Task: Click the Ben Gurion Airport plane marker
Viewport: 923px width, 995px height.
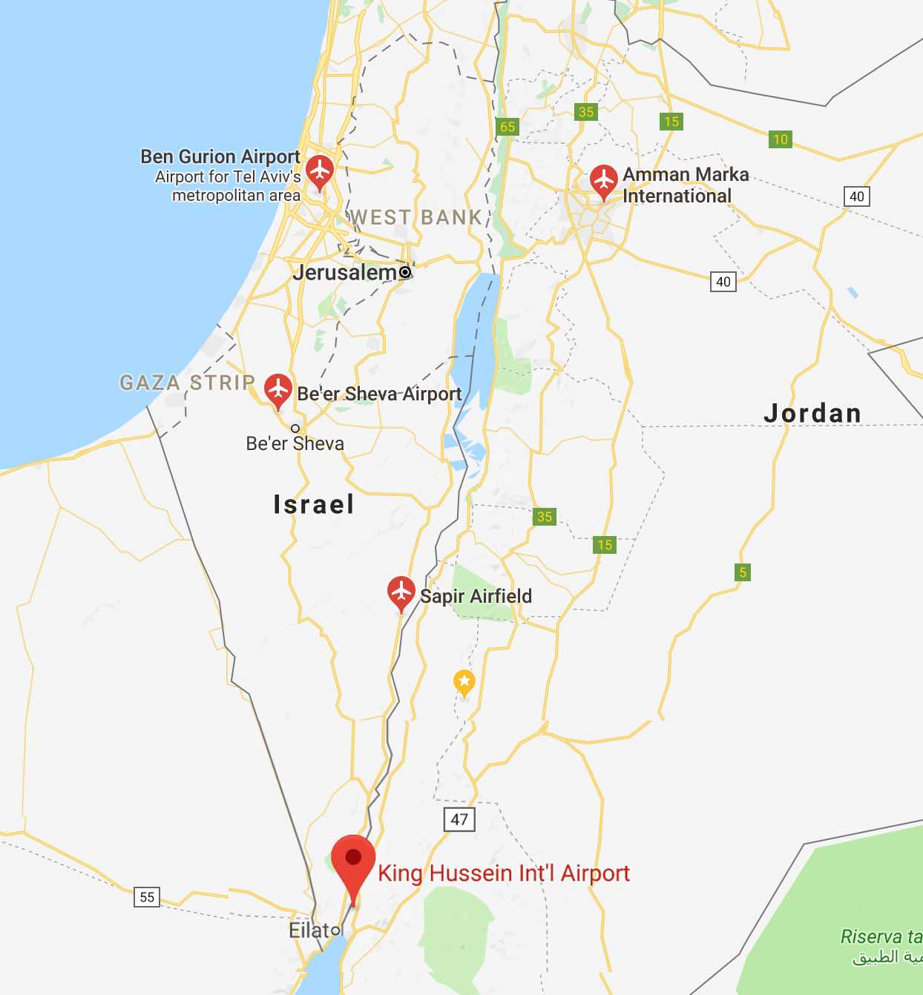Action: (x=320, y=171)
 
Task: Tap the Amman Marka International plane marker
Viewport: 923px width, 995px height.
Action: (x=604, y=180)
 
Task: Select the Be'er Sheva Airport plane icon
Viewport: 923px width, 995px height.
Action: (x=278, y=389)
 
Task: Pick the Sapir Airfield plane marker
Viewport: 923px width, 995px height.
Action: (x=401, y=592)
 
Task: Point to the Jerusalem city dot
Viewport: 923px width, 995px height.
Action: (x=405, y=272)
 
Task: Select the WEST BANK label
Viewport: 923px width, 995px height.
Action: (x=416, y=217)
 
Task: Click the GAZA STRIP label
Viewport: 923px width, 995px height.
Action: (x=188, y=383)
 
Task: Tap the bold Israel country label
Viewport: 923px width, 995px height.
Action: (x=314, y=505)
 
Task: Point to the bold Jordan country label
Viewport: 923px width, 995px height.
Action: (x=812, y=414)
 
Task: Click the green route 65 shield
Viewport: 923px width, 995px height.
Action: (x=508, y=127)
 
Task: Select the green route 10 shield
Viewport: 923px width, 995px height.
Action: (x=781, y=139)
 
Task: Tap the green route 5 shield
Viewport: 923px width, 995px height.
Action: (x=743, y=572)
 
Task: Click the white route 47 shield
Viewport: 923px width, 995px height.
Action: (x=459, y=819)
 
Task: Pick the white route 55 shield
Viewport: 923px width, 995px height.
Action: (x=147, y=897)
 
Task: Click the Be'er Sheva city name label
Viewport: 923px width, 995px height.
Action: (x=295, y=444)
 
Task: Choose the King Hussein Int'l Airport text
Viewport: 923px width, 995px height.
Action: (x=504, y=873)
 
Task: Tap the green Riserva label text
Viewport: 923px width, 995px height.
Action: (x=880, y=937)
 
